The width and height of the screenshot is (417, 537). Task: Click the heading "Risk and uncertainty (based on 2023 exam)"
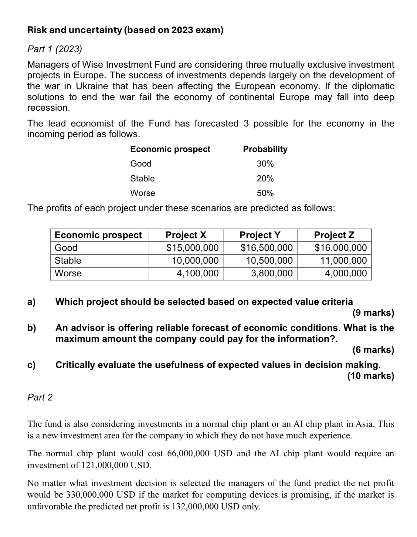click(125, 30)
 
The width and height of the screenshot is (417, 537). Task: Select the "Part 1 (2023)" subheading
click(55, 49)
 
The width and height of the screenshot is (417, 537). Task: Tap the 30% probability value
click(265, 164)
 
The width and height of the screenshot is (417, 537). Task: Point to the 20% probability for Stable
click(265, 178)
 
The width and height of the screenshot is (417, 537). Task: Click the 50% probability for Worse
click(265, 193)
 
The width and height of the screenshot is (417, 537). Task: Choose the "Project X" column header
click(186, 235)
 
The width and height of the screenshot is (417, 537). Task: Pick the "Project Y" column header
click(260, 235)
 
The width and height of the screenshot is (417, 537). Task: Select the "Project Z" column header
click(334, 235)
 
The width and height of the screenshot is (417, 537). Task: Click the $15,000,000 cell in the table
click(192, 248)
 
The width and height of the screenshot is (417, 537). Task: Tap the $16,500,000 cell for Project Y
click(266, 248)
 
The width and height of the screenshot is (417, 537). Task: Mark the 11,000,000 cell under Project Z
click(344, 261)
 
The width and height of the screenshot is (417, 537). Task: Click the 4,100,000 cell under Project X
click(198, 273)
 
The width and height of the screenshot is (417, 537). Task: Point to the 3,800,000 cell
click(272, 273)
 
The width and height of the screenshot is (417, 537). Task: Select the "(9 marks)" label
click(373, 313)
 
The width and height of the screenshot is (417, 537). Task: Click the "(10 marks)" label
click(371, 376)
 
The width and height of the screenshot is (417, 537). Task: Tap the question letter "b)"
click(32, 328)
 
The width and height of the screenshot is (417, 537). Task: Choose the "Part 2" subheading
click(40, 397)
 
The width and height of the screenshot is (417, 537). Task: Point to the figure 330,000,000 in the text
click(90, 495)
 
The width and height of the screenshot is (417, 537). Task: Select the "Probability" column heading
click(265, 149)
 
